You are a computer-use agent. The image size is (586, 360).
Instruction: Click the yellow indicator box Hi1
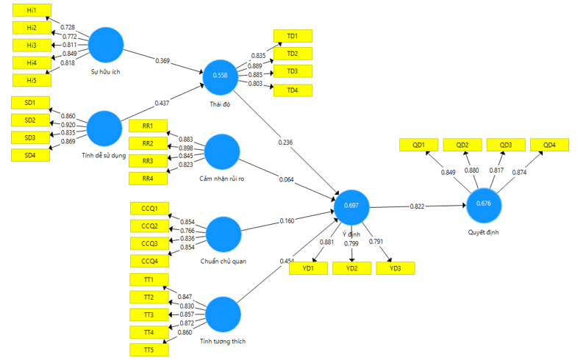32,10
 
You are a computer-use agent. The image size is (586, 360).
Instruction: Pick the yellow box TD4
293,90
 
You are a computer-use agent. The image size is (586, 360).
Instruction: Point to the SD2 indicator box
30,120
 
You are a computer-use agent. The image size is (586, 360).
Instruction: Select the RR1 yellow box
148,126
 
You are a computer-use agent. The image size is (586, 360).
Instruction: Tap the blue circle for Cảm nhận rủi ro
223,153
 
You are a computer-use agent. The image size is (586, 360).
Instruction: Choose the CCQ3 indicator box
149,243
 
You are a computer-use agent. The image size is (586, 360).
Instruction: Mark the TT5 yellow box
149,350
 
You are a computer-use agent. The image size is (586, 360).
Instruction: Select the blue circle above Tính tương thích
223,315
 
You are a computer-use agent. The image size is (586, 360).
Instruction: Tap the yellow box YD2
353,268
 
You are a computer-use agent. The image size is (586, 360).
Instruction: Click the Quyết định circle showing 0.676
484,204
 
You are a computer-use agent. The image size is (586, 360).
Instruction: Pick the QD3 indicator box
505,145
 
